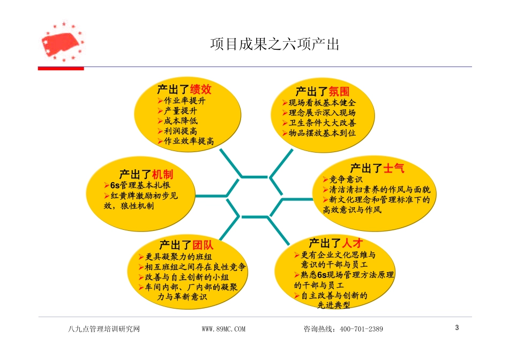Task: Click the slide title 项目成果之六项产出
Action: pyautogui.click(x=275, y=44)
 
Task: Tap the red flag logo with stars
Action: pyautogui.click(x=62, y=42)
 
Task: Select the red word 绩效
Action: pyautogui.click(x=201, y=89)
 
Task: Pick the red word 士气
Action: pyautogui.click(x=394, y=168)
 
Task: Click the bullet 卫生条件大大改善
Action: pyautogui.click(x=322, y=123)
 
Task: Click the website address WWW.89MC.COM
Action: pyautogui.click(x=223, y=329)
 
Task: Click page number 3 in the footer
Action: pyautogui.click(x=457, y=327)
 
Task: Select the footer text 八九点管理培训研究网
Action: pyautogui.click(x=101, y=329)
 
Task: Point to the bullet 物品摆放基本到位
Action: pyautogui.click(x=322, y=133)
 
